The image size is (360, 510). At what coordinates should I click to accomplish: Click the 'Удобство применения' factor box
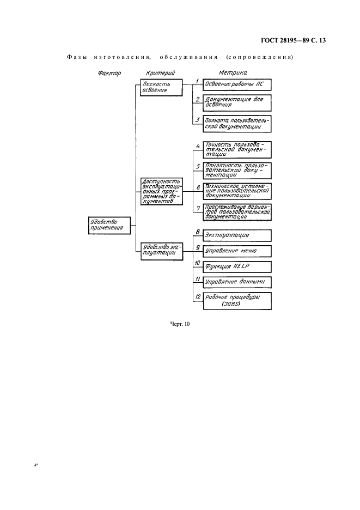point(109,225)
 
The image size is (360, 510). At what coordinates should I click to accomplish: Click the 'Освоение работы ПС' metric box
point(236,86)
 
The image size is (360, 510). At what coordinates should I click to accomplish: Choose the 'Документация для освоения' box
point(236,102)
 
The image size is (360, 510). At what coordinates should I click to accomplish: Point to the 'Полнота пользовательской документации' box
point(236,123)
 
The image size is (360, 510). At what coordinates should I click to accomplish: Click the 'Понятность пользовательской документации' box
point(236,171)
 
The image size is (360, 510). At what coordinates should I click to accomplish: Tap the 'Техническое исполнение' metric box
point(236,191)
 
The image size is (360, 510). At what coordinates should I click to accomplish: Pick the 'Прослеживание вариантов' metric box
point(236,212)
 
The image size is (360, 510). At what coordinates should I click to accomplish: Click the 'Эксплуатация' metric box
point(236,235)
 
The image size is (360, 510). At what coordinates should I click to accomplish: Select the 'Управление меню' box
point(236,251)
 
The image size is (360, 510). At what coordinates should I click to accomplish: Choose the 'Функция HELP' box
point(236,267)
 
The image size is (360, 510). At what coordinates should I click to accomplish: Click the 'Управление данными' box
point(236,283)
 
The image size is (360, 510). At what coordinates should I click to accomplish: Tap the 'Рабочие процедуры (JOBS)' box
point(236,301)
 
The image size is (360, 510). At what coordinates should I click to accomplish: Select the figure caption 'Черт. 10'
point(180,325)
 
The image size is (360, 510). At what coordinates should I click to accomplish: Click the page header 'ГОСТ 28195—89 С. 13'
point(292,40)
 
